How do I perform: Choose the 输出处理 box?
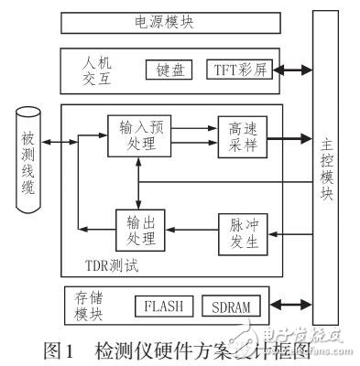click(x=139, y=231)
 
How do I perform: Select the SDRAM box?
click(x=229, y=306)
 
